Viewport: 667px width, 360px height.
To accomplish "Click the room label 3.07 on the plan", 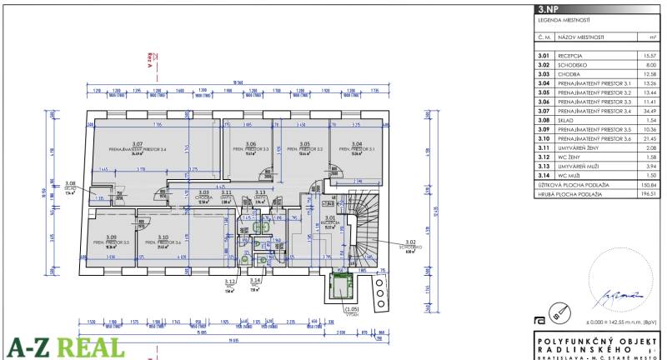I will click(x=138, y=144).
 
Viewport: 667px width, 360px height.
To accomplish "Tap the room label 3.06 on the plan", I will click(x=250, y=144).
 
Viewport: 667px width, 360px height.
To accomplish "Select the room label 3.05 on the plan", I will click(x=304, y=144).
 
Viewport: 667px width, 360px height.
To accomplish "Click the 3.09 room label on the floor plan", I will click(x=111, y=237).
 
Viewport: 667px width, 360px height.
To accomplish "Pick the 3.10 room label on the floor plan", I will click(x=163, y=237).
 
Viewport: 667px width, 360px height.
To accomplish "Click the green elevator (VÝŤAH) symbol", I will click(x=341, y=286).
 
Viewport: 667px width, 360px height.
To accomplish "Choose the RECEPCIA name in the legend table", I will click(x=572, y=55).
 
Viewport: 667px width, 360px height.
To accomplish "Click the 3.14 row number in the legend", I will click(x=544, y=175).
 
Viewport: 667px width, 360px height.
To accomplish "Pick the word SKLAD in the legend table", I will click(x=568, y=120).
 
